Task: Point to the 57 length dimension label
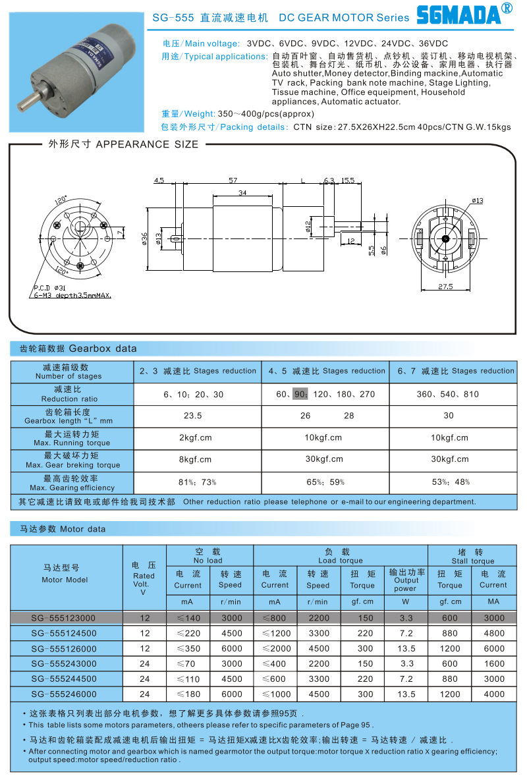point(233,180)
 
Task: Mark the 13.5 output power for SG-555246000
point(406,694)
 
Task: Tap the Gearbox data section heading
point(74,348)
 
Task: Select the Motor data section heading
point(59,528)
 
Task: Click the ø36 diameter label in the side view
point(144,238)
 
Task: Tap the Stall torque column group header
point(472,556)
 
